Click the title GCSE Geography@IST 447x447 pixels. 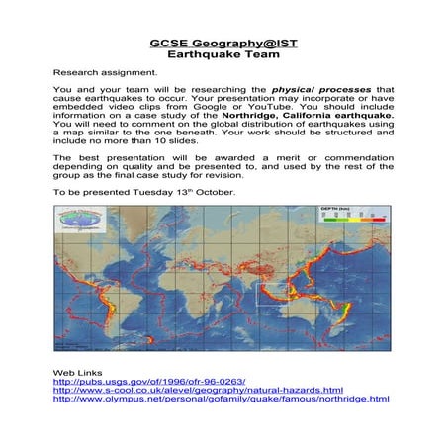(x=223, y=45)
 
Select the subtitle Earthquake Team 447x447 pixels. (x=223, y=56)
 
